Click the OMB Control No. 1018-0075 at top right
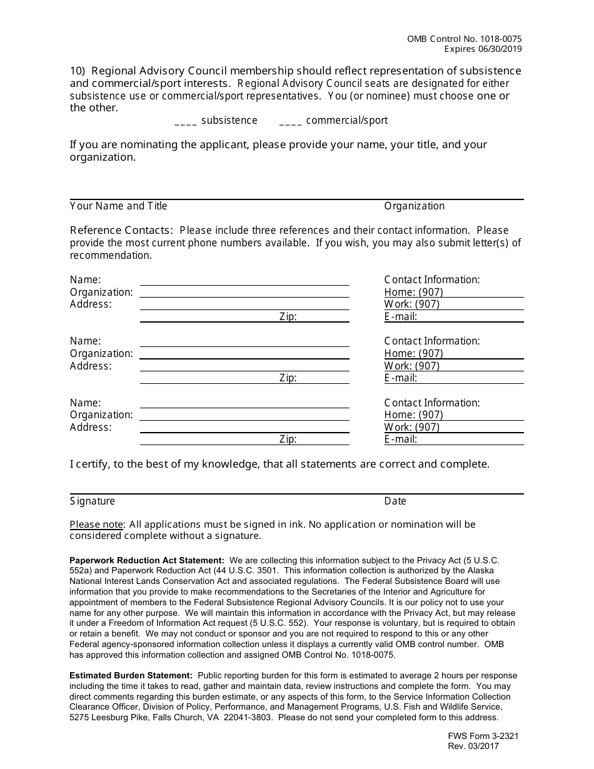(464, 39)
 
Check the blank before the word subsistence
(186, 121)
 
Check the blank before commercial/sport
(291, 121)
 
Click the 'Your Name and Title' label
(118, 206)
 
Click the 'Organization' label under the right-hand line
(414, 206)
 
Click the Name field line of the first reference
(244, 281)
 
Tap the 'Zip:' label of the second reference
(288, 378)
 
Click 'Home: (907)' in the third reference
(413, 415)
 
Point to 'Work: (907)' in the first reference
(411, 304)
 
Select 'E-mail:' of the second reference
(400, 378)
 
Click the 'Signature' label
(93, 501)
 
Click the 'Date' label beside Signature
(395, 501)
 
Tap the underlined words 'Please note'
(97, 525)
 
